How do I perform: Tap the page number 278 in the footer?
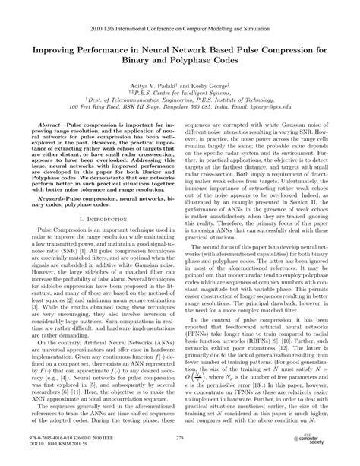point(180,441)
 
